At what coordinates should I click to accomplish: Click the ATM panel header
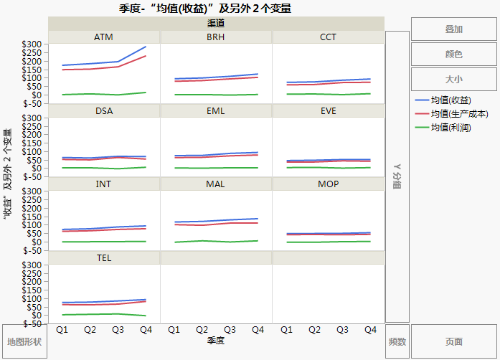click(x=103, y=37)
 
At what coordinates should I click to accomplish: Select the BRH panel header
click(x=216, y=37)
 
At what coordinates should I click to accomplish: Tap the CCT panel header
click(x=328, y=37)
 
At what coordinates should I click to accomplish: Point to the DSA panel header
click(x=103, y=110)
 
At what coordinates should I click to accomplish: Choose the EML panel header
click(x=216, y=110)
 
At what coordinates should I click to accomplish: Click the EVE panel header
click(x=328, y=110)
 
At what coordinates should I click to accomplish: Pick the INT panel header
click(x=103, y=184)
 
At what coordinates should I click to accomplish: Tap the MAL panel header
click(x=216, y=184)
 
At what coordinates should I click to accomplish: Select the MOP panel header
click(x=328, y=184)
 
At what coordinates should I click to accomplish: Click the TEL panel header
click(x=103, y=257)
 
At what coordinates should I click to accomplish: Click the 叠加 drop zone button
click(x=453, y=29)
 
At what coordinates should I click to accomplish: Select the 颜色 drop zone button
click(x=453, y=54)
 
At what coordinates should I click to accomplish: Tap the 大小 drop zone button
click(x=453, y=79)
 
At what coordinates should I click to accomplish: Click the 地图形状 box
click(x=24, y=341)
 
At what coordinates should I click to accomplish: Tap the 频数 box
click(x=397, y=341)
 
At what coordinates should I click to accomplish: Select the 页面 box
click(x=453, y=341)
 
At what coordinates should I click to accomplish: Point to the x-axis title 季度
click(x=216, y=341)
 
